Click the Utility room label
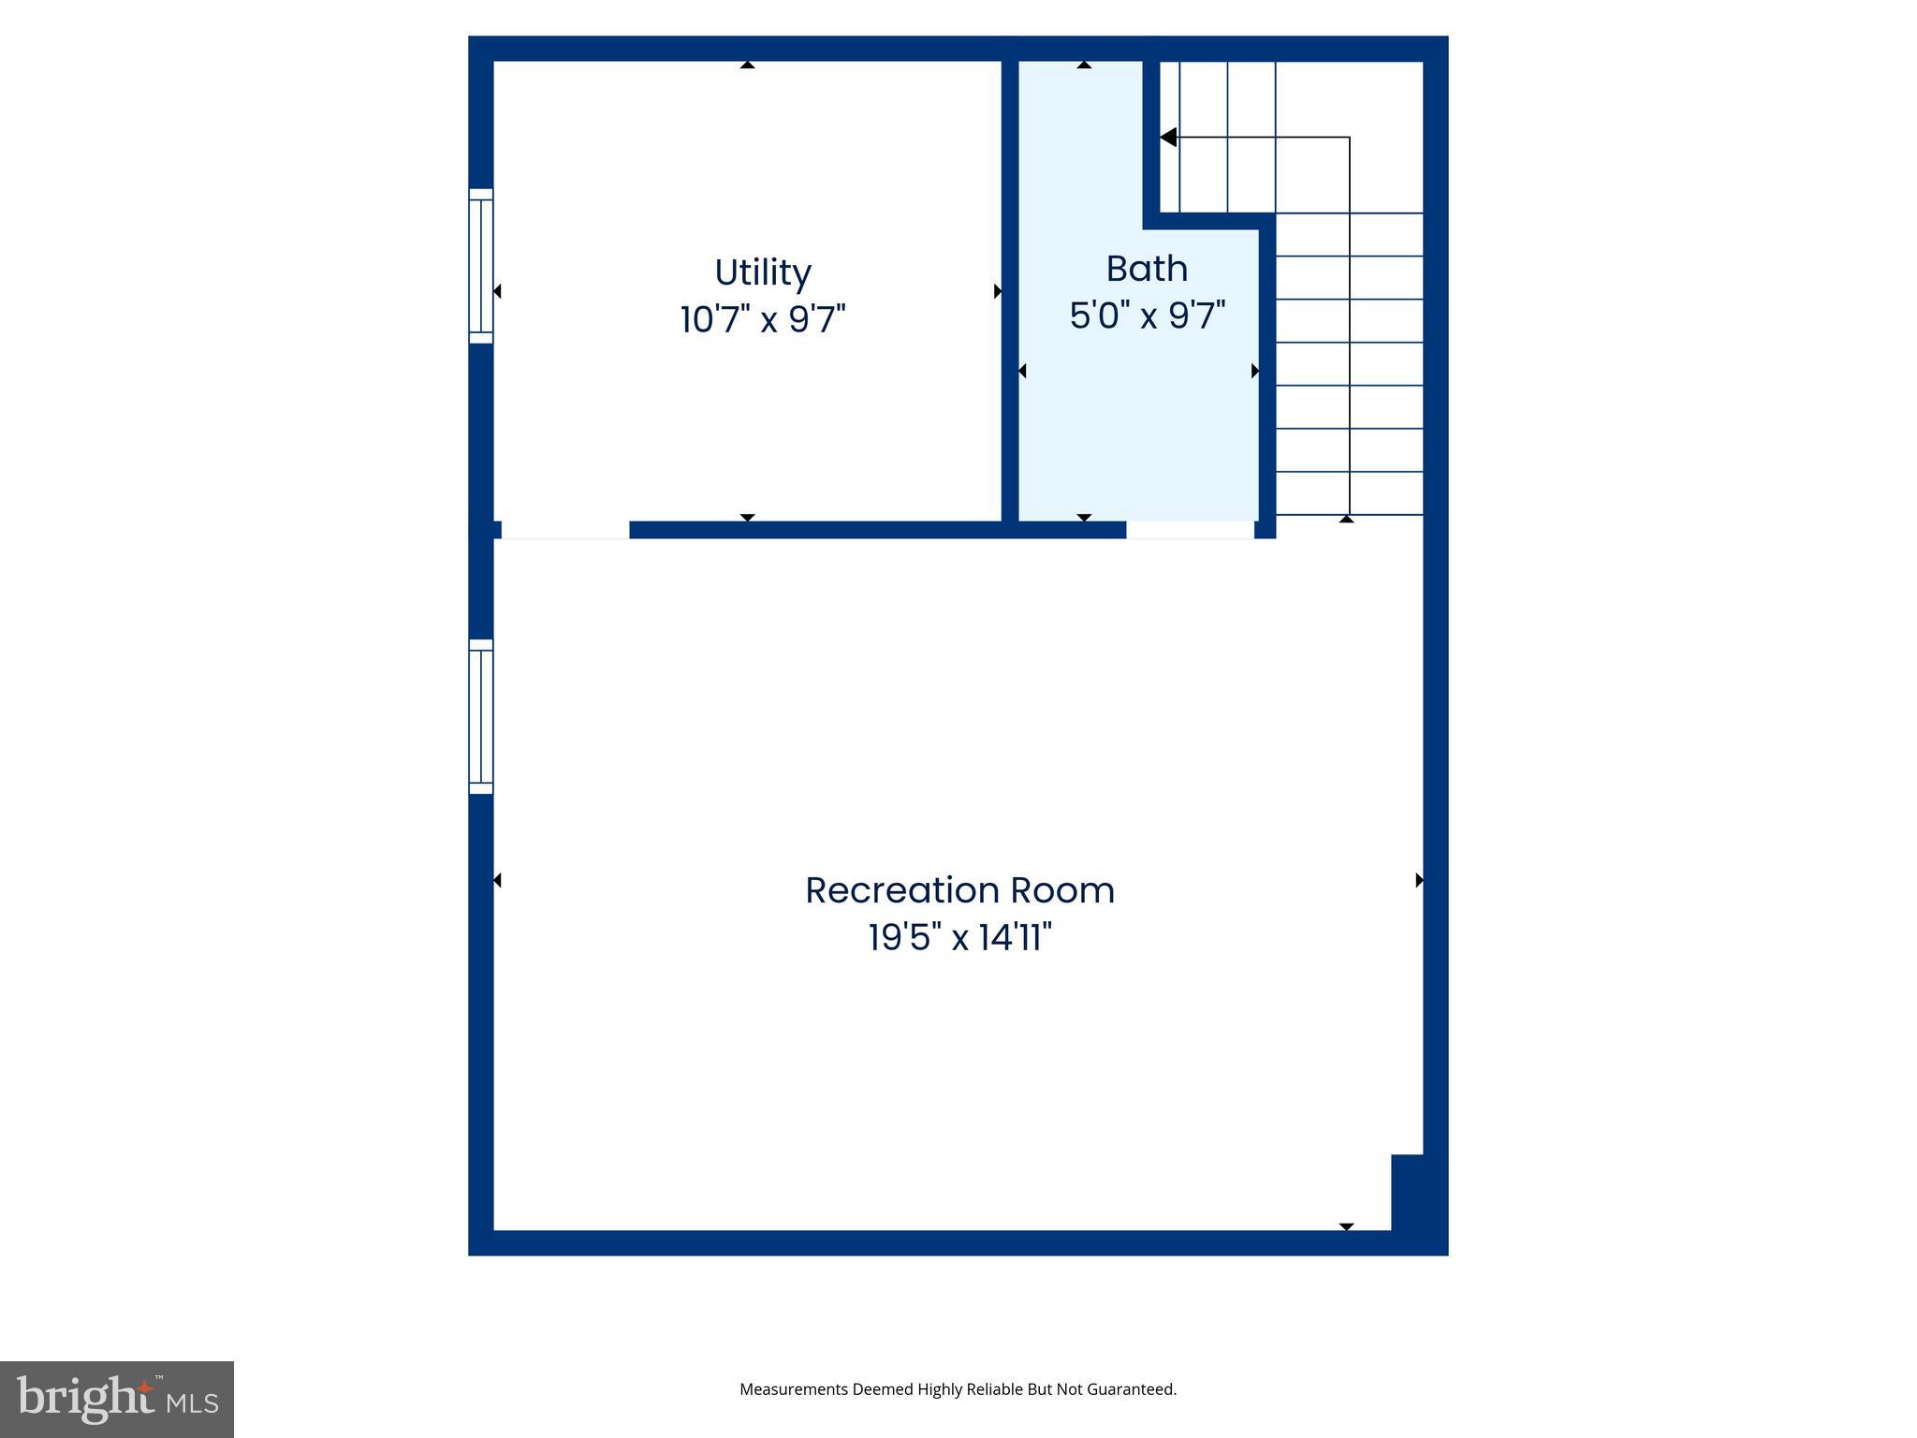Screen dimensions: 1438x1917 763,272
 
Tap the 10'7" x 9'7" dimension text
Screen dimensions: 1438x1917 763,319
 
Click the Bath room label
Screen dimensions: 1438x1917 1147,269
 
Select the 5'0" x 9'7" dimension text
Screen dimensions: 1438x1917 1148,315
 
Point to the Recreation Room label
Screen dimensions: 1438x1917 959,890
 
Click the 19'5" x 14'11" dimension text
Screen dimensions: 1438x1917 959,936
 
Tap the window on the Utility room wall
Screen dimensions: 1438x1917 480,266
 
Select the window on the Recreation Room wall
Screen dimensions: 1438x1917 480,716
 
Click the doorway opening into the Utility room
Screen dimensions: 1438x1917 565,530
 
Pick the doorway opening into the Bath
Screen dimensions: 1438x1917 1190,530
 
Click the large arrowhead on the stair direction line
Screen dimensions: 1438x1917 1168,138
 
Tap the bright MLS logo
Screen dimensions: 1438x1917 117,1399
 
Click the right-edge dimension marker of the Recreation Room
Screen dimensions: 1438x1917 1419,880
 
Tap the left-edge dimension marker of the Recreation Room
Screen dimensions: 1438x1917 497,880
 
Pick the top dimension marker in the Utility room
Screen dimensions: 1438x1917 747,65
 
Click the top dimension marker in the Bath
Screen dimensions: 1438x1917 1084,65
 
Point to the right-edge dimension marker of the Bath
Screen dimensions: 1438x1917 1255,372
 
